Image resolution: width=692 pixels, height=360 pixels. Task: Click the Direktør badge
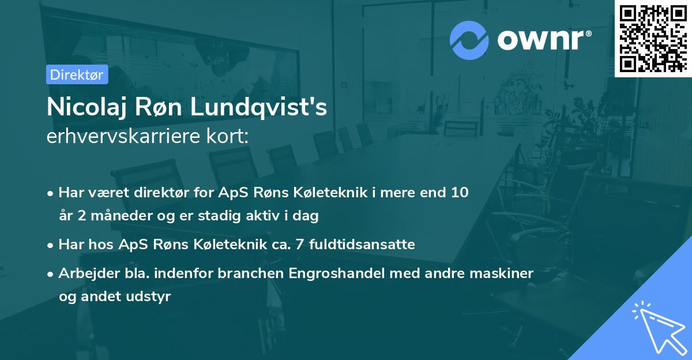[x=76, y=74]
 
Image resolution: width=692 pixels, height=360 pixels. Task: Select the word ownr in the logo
[x=544, y=39]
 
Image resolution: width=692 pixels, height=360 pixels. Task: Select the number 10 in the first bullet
[x=460, y=193]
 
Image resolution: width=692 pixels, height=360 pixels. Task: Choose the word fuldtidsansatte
[x=362, y=245]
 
